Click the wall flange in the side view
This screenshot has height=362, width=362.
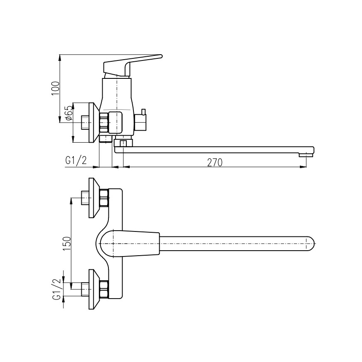(x=93, y=121)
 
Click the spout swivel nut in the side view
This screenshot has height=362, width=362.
(x=123, y=144)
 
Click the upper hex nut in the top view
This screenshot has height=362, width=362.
(x=103, y=198)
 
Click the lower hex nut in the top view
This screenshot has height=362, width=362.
(x=103, y=289)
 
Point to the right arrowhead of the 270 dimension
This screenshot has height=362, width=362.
(x=304, y=167)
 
